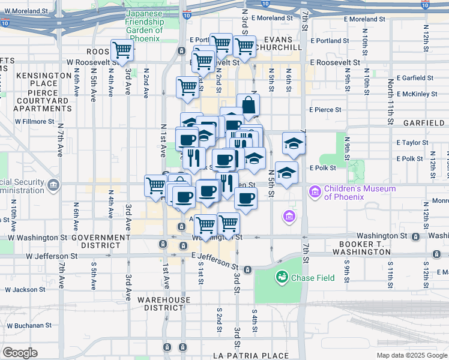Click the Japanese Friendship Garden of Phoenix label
pyautogui.click(x=144, y=26)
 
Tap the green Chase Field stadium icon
pyautogui.click(x=281, y=277)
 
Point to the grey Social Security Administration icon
pyautogui.click(x=55, y=183)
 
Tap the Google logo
pyautogui.click(x=19, y=353)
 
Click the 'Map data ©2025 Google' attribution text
pyautogui.click(x=411, y=355)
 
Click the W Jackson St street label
pyautogui.click(x=26, y=289)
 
